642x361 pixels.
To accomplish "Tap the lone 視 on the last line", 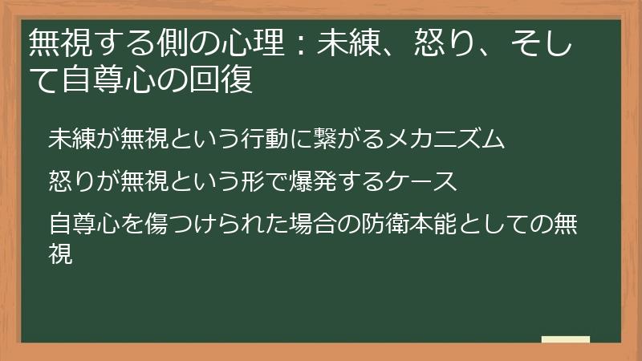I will click(60, 254).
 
